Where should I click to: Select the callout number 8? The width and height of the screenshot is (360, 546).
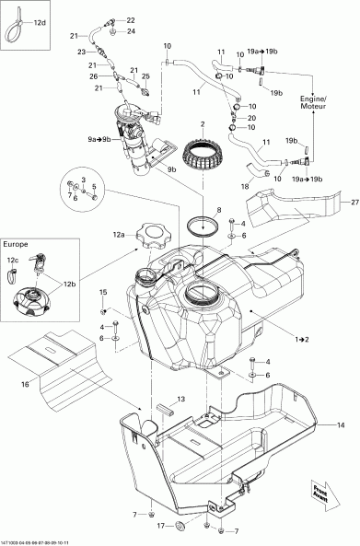218,211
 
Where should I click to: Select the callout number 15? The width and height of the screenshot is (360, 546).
103,291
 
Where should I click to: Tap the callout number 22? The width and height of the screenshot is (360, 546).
130,19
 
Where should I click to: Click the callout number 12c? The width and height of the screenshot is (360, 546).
13,260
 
